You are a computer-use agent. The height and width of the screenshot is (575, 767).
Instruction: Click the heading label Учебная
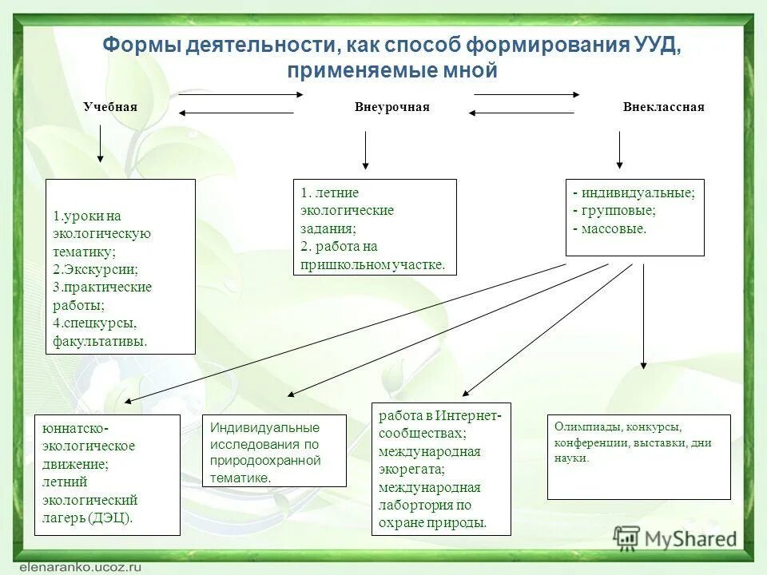[x=110, y=107]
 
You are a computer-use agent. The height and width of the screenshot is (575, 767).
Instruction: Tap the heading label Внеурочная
[x=392, y=107]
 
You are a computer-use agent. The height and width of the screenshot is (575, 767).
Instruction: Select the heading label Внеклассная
[x=663, y=107]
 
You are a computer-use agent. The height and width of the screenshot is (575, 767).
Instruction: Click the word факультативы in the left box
[x=100, y=341]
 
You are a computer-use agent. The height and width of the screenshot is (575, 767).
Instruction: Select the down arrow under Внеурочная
[x=365, y=150]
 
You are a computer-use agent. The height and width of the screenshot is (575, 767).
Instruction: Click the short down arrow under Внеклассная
[x=620, y=149]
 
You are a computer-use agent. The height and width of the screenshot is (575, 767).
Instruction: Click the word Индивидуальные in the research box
[x=264, y=427]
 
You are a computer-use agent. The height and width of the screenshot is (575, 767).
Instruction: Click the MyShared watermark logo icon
[x=627, y=538]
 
